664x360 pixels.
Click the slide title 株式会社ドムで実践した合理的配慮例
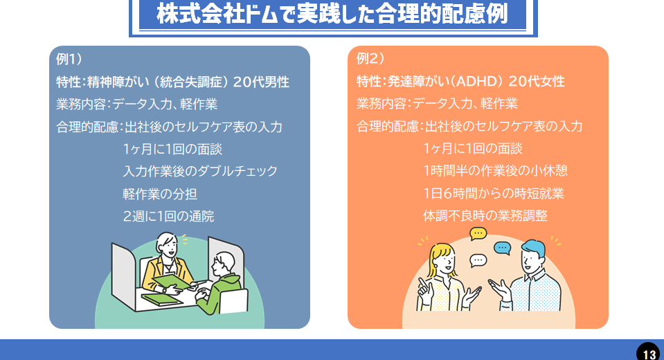coord(332,15)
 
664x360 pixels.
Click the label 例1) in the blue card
coord(70,59)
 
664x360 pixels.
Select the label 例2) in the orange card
coord(370,59)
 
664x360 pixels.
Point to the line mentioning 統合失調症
coord(172,82)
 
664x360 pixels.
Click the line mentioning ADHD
coord(460,82)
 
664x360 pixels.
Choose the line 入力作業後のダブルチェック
coord(200,171)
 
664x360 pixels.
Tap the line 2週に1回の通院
coord(168,216)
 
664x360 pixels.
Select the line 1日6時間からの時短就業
coord(494,194)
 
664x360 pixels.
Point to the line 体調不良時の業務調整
coord(485,216)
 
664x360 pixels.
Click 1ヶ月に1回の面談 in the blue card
coord(172,149)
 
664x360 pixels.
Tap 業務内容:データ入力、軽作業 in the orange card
coord(437,104)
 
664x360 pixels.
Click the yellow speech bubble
coord(478,233)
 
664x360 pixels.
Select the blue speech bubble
coord(502,249)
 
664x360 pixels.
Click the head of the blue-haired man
coord(532,255)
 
